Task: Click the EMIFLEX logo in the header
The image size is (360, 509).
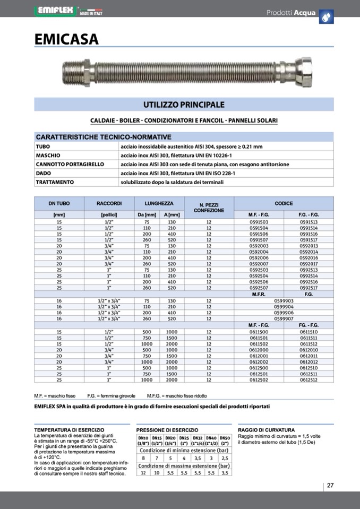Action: tap(56, 11)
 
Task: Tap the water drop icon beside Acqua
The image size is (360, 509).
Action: tap(326, 16)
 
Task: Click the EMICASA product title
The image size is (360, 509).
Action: tap(66, 39)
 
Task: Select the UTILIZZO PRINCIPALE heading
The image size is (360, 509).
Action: tap(184, 105)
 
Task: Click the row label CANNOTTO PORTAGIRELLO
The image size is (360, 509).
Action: tap(70, 165)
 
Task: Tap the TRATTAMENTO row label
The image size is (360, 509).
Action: tap(55, 182)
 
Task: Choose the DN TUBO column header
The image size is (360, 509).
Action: tap(59, 203)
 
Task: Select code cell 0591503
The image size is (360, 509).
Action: tap(259, 222)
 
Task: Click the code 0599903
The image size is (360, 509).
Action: tap(284, 300)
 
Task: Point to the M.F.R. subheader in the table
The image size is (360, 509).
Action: tap(259, 294)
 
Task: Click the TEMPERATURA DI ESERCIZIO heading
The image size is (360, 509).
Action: tap(69, 429)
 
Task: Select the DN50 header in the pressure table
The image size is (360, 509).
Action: tap(225, 438)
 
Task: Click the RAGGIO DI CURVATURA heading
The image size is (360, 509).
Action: tap(266, 429)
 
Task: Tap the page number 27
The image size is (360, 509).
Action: tap(330, 485)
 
